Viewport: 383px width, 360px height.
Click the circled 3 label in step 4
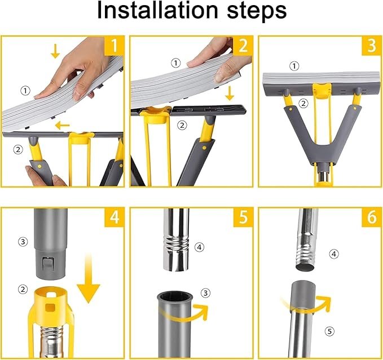coord(23,242)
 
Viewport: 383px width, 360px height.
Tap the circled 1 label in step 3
coord(294,66)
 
